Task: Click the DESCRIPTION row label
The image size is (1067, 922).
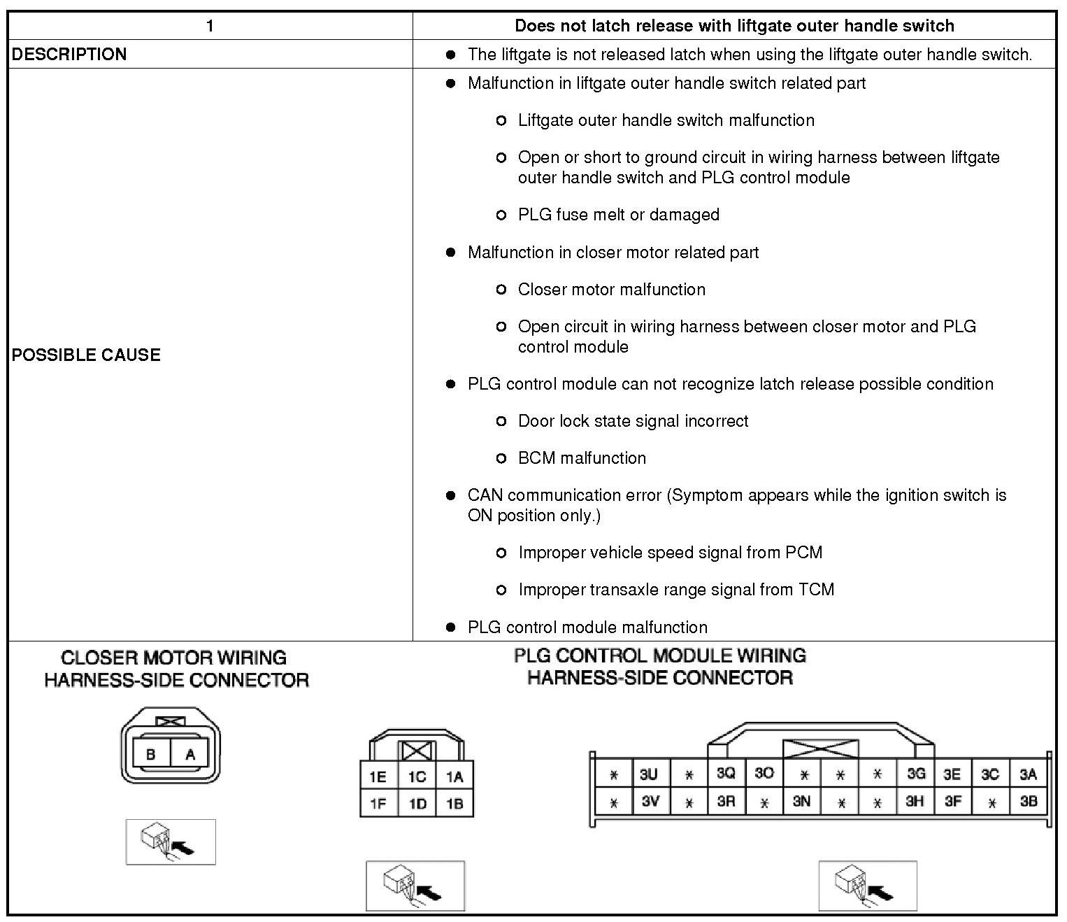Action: [x=69, y=55]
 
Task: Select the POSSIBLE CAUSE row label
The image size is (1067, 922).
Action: [x=86, y=355]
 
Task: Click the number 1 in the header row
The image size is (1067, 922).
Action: [x=210, y=26]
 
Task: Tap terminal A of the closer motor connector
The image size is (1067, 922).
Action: [x=190, y=755]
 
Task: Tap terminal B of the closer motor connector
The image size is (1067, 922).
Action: [x=150, y=755]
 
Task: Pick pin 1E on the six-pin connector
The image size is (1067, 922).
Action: [x=378, y=776]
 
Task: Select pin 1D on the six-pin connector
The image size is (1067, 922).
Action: [x=417, y=804]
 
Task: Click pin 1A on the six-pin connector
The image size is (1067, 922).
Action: [x=454, y=776]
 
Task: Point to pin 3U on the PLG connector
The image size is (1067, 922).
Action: [x=648, y=774]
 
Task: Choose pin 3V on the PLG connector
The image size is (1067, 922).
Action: [x=650, y=802]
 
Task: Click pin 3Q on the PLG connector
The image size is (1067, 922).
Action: [x=726, y=774]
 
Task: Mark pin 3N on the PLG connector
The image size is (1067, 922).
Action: [x=801, y=802]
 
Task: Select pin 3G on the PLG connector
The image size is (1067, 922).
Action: [x=915, y=774]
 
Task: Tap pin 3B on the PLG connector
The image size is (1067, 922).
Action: [x=1028, y=802]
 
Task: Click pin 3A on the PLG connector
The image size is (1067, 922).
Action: [x=1028, y=774]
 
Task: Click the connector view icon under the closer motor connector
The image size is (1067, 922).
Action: [x=171, y=842]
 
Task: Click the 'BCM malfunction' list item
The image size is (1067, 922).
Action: [x=582, y=458]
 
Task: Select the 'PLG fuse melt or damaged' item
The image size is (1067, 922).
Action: [x=618, y=215]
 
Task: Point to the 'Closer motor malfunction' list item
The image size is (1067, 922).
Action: [x=611, y=290]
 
